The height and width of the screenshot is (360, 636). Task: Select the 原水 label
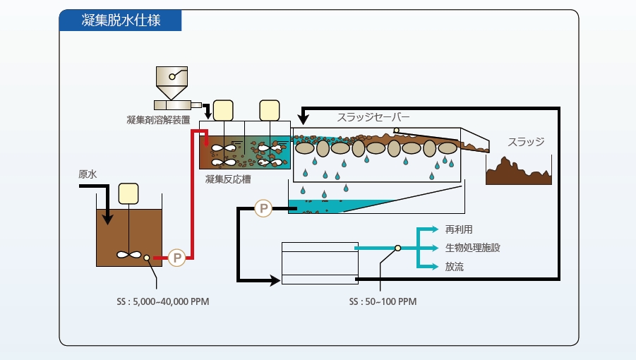88,174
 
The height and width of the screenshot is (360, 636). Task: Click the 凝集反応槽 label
228,179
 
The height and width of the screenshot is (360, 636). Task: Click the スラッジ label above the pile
526,142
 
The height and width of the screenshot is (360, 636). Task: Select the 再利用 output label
458,229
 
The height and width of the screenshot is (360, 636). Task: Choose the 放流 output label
454,266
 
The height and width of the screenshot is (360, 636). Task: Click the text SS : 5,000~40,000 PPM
163,301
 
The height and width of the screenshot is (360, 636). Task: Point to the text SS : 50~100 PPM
383,301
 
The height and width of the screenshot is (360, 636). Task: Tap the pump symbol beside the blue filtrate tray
263,208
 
